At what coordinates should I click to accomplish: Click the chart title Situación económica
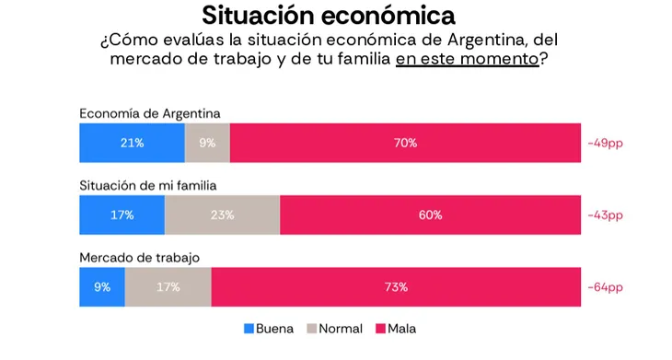coord(329,16)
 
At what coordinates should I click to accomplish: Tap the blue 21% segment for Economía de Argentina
coord(132,143)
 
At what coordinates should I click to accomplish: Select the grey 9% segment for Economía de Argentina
coord(207,143)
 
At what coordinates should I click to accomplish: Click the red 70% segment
coord(405,143)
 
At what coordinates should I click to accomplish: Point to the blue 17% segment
coord(122,215)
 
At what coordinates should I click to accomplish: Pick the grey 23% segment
coord(223,215)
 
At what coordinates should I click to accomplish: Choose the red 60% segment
coord(430,215)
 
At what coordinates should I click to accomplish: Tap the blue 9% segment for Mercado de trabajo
coord(102,286)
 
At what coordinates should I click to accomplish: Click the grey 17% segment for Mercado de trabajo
coord(168,286)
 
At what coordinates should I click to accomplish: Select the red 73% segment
coord(396,286)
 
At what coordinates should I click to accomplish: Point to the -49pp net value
coord(605,143)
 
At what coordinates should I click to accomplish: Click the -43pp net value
coord(605,215)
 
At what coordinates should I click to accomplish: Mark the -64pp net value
coord(605,287)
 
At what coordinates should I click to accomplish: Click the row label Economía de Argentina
coord(150,113)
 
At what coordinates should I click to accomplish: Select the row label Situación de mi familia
coord(148,186)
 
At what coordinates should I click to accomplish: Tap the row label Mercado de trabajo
coord(140,258)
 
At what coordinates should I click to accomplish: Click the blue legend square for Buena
coord(249,329)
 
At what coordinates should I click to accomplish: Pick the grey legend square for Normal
coord(312,329)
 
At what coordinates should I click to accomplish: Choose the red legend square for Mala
coord(380,329)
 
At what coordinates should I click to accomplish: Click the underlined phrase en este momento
coord(467,59)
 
